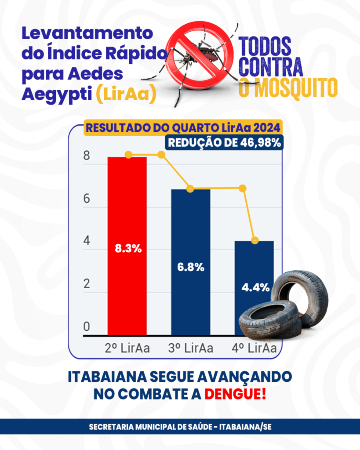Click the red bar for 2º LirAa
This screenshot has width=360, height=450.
(x=127, y=246)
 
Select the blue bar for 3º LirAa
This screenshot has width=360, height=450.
(x=191, y=262)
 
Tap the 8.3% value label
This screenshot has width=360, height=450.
(x=128, y=249)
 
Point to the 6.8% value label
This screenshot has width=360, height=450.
(x=191, y=267)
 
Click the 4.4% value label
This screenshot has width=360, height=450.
(x=255, y=287)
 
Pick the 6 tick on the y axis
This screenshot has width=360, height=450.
(x=87, y=198)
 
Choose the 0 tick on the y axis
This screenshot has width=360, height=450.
(x=87, y=327)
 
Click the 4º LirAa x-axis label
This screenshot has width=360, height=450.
(x=254, y=348)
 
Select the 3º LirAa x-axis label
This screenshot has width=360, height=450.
(x=191, y=348)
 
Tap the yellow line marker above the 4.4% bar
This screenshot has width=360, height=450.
(x=255, y=240)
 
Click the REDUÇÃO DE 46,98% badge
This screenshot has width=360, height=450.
(x=224, y=143)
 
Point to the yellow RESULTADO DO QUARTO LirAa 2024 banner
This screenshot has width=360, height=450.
(x=183, y=128)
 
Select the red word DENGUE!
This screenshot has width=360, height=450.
(x=236, y=394)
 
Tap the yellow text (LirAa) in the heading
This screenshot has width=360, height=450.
(x=126, y=94)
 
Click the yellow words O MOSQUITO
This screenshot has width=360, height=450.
(x=288, y=87)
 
